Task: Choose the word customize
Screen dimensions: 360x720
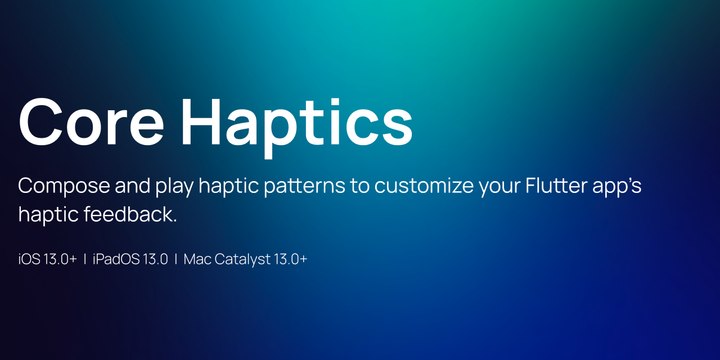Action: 425,186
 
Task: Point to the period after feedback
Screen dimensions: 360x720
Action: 175,221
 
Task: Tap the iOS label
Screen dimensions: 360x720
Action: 29,259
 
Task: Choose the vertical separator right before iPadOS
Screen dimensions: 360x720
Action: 85,259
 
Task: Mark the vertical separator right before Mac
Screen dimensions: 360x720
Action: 176,259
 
